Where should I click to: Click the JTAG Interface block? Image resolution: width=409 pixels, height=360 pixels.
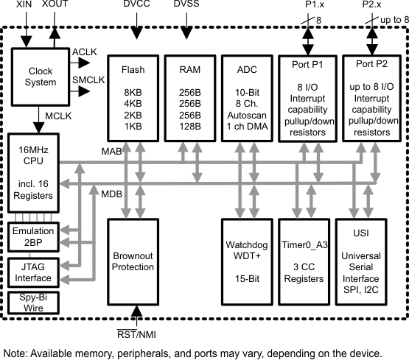point(31,272)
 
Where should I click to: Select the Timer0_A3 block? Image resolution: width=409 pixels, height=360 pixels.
point(304,261)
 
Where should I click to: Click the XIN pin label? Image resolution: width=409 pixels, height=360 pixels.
point(24,5)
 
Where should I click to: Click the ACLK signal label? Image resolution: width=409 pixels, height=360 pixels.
point(83,52)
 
